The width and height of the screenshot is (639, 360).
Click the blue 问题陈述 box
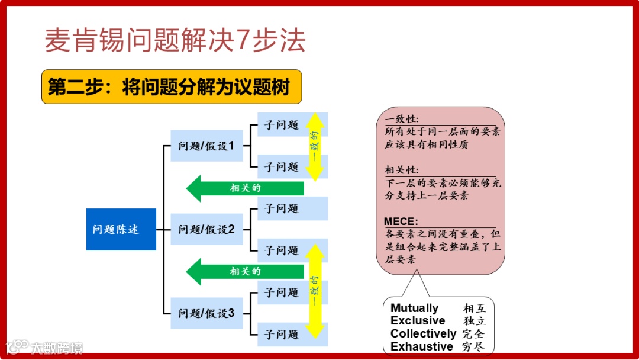click(x=121, y=229)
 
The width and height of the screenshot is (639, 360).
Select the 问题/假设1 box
click(x=206, y=146)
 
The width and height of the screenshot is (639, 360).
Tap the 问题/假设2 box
click(x=206, y=229)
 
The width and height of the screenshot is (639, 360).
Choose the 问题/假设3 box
click(x=206, y=313)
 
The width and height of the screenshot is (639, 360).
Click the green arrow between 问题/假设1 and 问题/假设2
click(x=245, y=188)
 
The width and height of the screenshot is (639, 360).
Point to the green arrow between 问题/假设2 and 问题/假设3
click(x=245, y=272)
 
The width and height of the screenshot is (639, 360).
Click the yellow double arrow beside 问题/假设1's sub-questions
click(x=315, y=147)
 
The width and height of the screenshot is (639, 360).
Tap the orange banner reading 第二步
click(x=171, y=87)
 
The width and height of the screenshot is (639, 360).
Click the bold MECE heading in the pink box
click(x=401, y=221)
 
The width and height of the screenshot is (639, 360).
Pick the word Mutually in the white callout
click(x=414, y=308)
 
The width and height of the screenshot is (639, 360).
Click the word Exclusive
click(x=418, y=321)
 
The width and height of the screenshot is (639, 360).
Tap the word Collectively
click(x=423, y=334)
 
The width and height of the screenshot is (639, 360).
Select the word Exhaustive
click(x=422, y=347)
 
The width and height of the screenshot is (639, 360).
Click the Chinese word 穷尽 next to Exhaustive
click(x=475, y=347)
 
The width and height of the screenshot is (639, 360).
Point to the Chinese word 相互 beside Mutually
click(x=475, y=308)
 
